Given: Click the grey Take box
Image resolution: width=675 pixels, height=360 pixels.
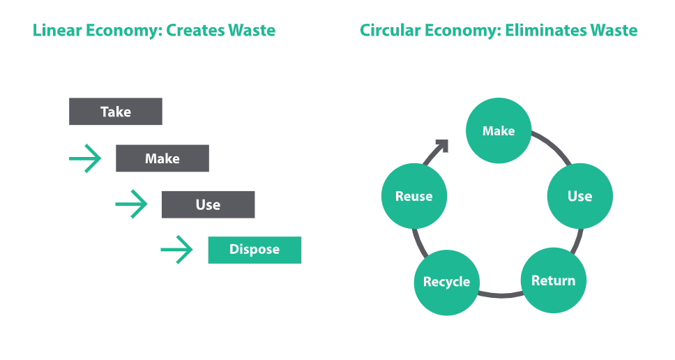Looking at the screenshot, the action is click(115, 112).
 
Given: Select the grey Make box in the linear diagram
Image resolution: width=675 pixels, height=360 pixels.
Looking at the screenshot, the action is click(162, 158).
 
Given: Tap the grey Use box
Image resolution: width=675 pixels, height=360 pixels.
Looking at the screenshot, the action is click(208, 204).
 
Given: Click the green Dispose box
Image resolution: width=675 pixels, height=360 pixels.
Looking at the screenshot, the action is click(255, 250).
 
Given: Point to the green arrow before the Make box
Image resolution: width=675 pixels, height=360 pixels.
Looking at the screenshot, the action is click(85, 158).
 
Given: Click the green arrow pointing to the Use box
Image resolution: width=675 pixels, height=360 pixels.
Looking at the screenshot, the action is click(132, 204).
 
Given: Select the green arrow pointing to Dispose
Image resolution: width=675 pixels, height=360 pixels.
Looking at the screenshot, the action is click(177, 249).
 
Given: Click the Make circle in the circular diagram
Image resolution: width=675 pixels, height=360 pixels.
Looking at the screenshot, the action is click(499, 130).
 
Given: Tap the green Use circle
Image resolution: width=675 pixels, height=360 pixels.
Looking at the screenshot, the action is click(580, 196).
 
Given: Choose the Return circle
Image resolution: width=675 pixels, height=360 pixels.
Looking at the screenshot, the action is click(553, 280).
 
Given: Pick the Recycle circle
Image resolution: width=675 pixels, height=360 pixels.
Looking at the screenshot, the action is click(446, 283).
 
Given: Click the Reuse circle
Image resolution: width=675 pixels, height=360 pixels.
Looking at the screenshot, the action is click(414, 196).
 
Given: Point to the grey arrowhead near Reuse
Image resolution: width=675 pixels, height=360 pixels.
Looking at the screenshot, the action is click(443, 145).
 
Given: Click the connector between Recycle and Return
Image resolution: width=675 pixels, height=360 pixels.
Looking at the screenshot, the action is click(500, 295).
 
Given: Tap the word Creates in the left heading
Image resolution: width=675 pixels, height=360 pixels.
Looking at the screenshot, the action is click(195, 30).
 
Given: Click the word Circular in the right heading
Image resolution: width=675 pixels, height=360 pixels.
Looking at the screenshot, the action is click(390, 30).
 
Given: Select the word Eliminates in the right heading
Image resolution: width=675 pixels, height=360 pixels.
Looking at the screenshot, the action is click(545, 30).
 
